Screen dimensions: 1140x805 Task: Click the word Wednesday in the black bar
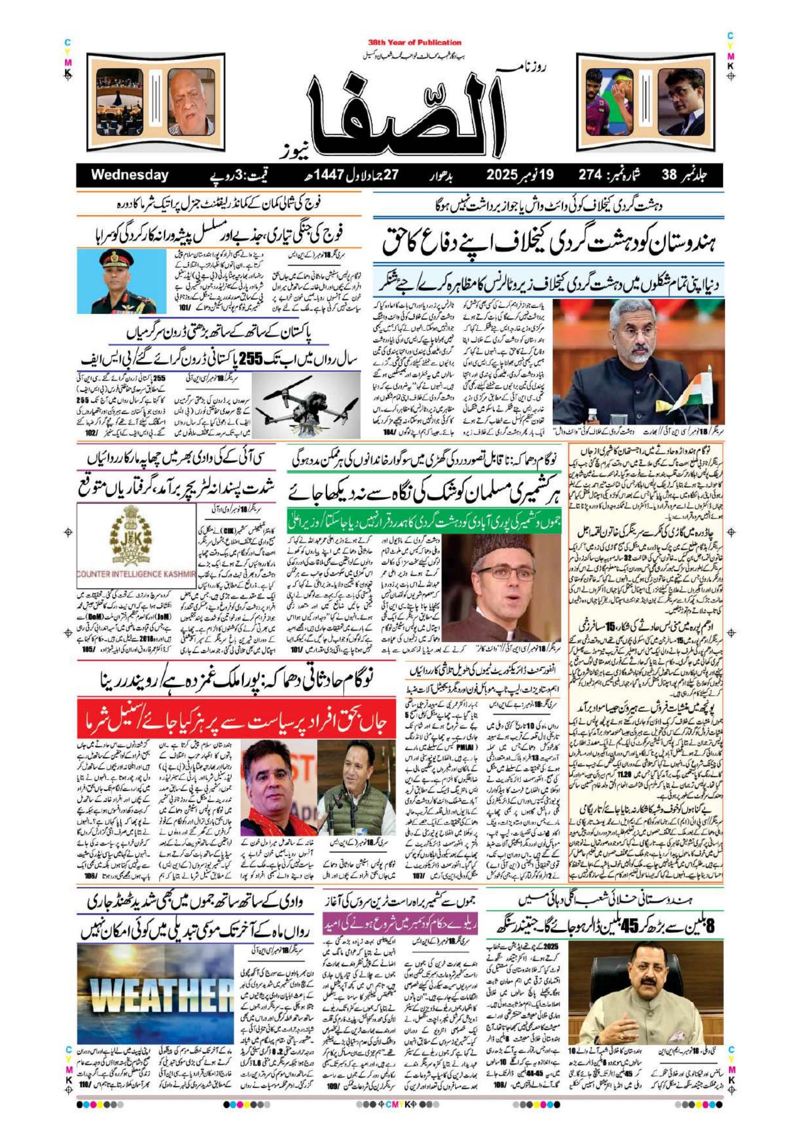click(129, 175)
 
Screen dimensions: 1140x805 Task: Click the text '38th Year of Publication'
click(415, 43)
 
